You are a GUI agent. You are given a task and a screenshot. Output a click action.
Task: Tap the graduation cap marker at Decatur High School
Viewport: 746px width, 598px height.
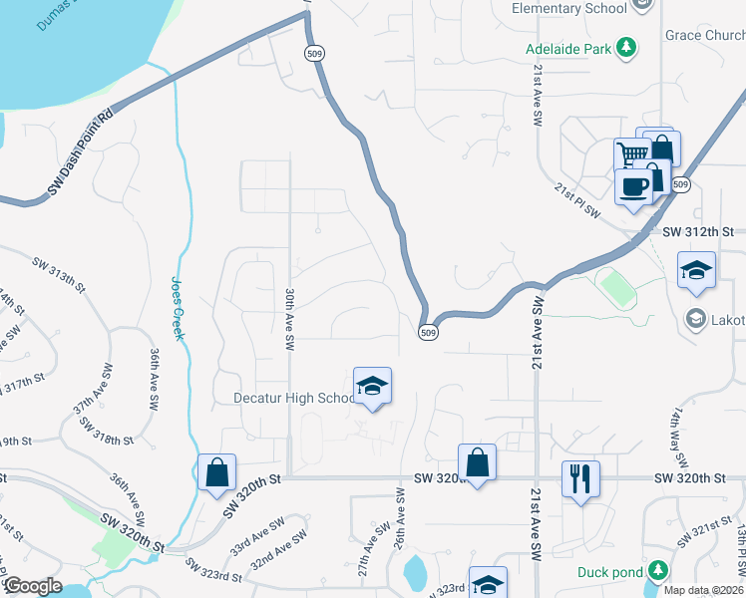[x=372, y=387]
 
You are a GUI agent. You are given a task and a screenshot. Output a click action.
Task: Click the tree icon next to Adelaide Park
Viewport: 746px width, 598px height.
[x=626, y=47]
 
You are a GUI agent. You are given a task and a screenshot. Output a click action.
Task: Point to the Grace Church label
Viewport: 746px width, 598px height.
[x=705, y=36]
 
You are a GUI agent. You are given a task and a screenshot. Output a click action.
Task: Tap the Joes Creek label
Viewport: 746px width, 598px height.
[x=178, y=308]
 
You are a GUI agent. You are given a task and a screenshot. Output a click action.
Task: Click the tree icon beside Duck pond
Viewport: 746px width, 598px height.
[x=657, y=571]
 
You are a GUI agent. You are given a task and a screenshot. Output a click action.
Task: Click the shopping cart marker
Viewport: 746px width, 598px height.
[x=631, y=154]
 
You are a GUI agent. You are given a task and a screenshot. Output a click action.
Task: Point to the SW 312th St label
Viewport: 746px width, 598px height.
[x=698, y=232]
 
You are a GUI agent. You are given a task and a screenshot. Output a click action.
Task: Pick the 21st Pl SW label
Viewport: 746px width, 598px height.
[x=579, y=199]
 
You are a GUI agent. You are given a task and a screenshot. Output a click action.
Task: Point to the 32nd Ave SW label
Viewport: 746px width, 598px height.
[x=279, y=554]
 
